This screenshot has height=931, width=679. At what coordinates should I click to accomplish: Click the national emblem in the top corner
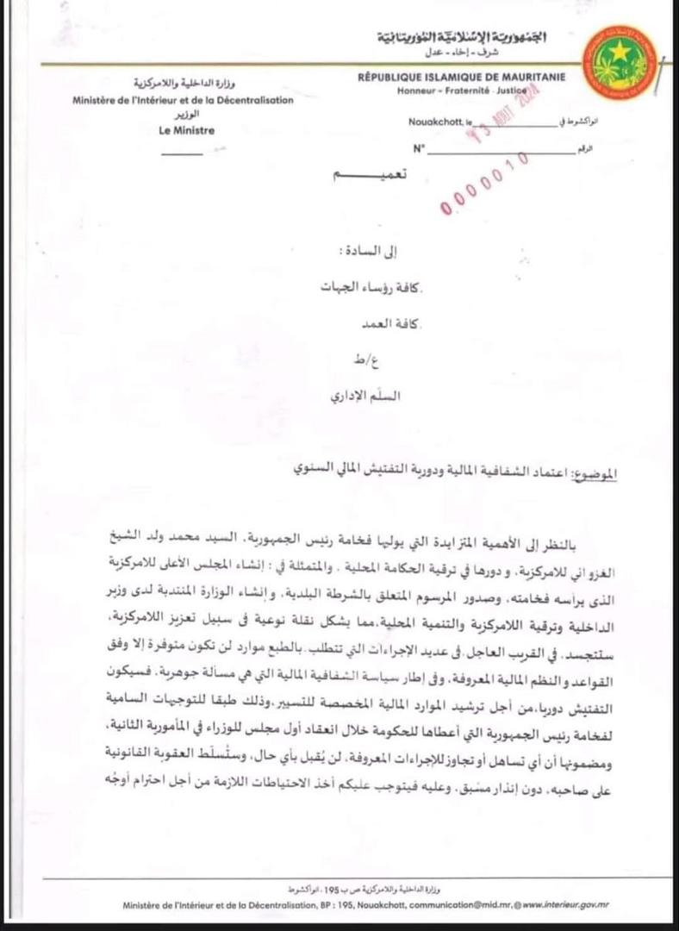[x=620, y=62]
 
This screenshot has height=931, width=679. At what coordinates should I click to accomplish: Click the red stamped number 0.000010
[x=483, y=184]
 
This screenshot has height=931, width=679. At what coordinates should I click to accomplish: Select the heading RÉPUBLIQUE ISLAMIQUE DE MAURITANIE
[x=462, y=78]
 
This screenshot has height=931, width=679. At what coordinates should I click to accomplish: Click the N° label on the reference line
[x=420, y=148]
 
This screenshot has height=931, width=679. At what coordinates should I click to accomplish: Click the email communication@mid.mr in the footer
[x=465, y=904]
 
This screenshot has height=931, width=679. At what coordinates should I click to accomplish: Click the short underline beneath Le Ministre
[x=182, y=153]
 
